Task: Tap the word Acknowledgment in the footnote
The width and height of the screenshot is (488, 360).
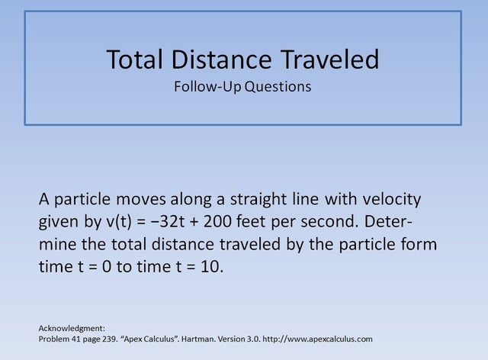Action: [71, 328]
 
